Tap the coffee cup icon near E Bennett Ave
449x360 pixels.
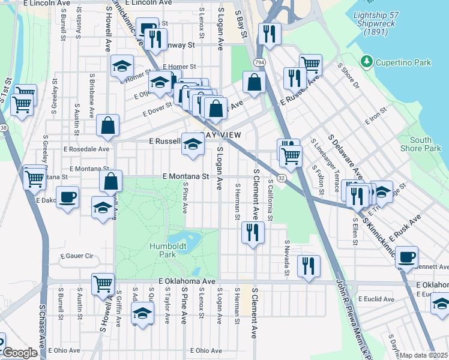click(x=407, y=256)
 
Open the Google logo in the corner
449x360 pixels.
click(x=19, y=353)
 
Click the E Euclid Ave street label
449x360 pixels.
click(x=374, y=298)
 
